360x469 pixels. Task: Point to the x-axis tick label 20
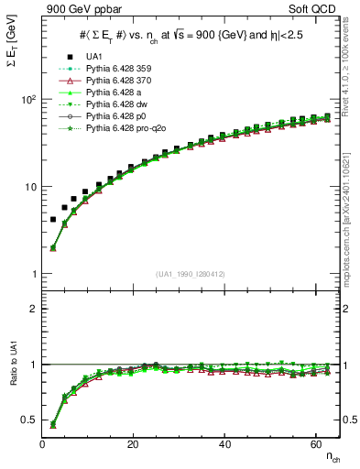(134, 444)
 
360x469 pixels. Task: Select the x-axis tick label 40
(225, 444)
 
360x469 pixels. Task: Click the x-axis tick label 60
(316, 444)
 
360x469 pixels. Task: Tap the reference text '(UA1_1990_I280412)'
(191, 274)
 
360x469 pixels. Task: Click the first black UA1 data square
(53, 220)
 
